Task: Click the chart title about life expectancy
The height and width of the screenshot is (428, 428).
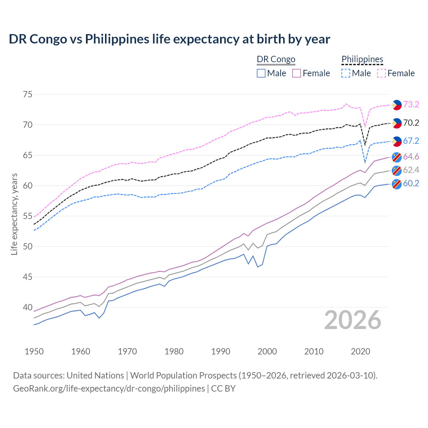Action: click(169, 39)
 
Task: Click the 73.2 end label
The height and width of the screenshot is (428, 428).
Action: click(411, 104)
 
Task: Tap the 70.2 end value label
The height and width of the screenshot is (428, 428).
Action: click(411, 123)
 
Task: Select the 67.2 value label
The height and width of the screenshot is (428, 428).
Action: click(411, 141)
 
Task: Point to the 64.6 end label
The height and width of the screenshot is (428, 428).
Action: click(411, 156)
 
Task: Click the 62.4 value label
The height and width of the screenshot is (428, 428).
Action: click(411, 170)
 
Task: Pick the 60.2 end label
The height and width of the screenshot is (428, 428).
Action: click(411, 183)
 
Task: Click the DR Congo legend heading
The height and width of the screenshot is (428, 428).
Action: click(276, 59)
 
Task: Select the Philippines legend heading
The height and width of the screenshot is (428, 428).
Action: click(362, 59)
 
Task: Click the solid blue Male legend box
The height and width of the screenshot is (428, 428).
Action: click(261, 73)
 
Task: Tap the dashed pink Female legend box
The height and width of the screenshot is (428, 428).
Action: click(382, 73)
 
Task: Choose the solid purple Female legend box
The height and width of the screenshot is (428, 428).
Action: click(297, 73)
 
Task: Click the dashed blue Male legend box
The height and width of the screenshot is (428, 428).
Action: click(346, 73)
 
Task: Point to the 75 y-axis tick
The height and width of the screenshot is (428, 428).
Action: click(28, 95)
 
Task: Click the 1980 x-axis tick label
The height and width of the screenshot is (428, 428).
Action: click(174, 351)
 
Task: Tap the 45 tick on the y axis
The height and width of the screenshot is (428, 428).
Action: click(28, 277)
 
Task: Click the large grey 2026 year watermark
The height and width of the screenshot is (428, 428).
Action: click(352, 320)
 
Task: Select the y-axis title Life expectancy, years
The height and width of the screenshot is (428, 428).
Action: click(14, 214)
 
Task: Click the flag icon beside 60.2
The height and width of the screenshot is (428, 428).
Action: click(397, 184)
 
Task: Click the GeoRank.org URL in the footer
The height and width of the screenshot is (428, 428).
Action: click(109, 389)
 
